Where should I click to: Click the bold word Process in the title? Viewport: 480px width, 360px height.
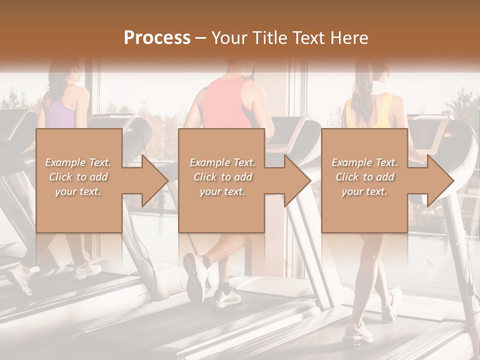coord(157,38)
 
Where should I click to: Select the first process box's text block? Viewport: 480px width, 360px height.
coord(78,177)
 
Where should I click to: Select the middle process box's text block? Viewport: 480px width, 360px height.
coord(222,177)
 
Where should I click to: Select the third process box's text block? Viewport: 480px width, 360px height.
coord(364,177)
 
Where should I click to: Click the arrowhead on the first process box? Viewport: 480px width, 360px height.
coord(152,180)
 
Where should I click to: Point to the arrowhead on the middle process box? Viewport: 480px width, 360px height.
coord(296,180)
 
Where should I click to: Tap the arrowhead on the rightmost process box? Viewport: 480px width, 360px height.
coord(438,180)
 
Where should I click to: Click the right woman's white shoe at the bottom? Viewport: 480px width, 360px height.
coord(358,332)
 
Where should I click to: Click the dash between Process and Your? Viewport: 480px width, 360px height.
coord(200,38)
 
